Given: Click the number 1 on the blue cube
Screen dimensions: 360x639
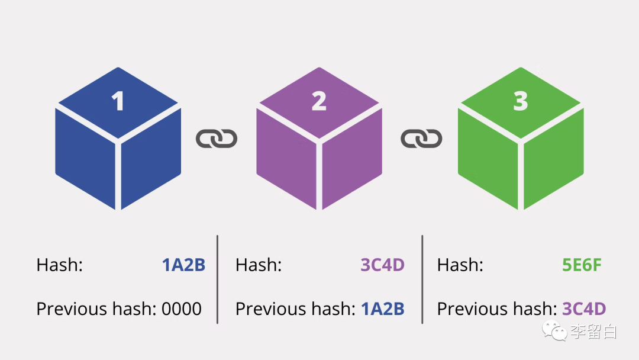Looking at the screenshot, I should (x=118, y=101).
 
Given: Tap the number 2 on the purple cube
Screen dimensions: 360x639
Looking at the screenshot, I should (x=319, y=101).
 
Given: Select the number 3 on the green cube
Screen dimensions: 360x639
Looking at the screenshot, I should (x=520, y=101).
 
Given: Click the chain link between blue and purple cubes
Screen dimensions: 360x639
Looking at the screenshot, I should (x=217, y=139).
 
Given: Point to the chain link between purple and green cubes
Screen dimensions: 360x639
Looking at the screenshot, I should (x=421, y=139).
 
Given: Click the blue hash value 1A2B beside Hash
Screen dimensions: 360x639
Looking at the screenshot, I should (x=183, y=265).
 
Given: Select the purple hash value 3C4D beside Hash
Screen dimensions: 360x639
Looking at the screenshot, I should (x=382, y=265).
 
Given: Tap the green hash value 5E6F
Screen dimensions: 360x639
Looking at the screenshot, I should (x=582, y=265).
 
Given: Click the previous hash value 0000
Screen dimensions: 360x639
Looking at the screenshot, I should (x=182, y=308).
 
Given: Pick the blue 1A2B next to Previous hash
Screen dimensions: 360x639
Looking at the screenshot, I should (x=382, y=308).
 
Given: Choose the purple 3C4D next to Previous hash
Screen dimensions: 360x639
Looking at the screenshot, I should (x=584, y=308).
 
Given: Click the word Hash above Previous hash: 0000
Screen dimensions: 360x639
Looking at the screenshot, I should (x=60, y=265).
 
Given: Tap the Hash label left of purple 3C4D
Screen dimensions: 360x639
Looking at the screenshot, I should (x=259, y=265).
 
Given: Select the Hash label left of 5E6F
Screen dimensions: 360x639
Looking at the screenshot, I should (x=460, y=265).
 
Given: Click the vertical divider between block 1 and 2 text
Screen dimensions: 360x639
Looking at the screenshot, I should (x=217, y=279).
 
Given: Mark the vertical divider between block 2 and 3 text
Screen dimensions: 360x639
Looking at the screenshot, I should (x=422, y=279).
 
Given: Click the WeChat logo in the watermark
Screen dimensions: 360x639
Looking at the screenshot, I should (x=556, y=331).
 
